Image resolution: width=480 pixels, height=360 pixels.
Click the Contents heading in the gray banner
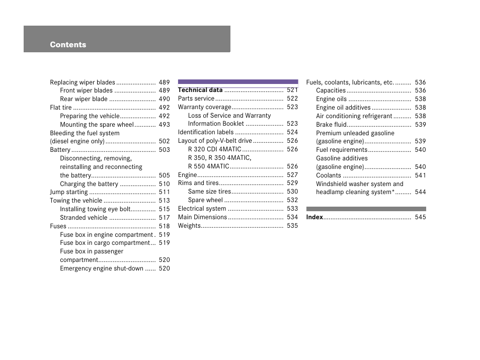pyautogui.click(x=68, y=45)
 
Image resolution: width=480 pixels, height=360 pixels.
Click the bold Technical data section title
pyautogui.click(x=200, y=90)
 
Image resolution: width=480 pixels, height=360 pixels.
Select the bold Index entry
pyautogui.click(x=314, y=217)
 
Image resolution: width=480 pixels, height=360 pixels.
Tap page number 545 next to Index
pyautogui.click(x=420, y=217)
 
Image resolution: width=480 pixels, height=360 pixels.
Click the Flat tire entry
pyautogui.click(x=60, y=108)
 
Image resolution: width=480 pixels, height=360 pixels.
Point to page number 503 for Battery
pyautogui.click(x=164, y=149)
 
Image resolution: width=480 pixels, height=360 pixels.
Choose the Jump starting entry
pyautogui.click(x=68, y=192)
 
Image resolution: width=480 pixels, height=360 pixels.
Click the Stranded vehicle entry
pyautogui.click(x=84, y=218)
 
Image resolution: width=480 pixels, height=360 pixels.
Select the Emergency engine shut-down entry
pyautogui.click(x=102, y=268)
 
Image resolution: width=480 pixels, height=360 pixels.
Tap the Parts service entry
pyautogui.click(x=196, y=99)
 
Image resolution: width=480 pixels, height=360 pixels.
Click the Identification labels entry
pyautogui.click(x=206, y=132)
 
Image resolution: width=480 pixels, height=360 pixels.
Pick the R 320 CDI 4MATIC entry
pyautogui.click(x=215, y=149)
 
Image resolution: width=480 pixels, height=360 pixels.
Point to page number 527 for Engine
pyautogui.click(x=292, y=174)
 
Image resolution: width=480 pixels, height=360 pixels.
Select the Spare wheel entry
pyautogui.click(x=205, y=200)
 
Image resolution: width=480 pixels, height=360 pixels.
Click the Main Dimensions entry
pyautogui.click(x=202, y=217)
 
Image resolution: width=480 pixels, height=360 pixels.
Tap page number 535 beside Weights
pyautogui.click(x=292, y=225)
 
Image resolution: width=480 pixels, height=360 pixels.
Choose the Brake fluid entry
pyautogui.click(x=331, y=125)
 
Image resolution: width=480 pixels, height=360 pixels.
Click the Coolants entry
pyautogui.click(x=329, y=175)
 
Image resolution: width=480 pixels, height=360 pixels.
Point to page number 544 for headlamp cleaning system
pyautogui.click(x=420, y=192)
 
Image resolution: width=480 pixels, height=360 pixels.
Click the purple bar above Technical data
pyautogui.click(x=238, y=81)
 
